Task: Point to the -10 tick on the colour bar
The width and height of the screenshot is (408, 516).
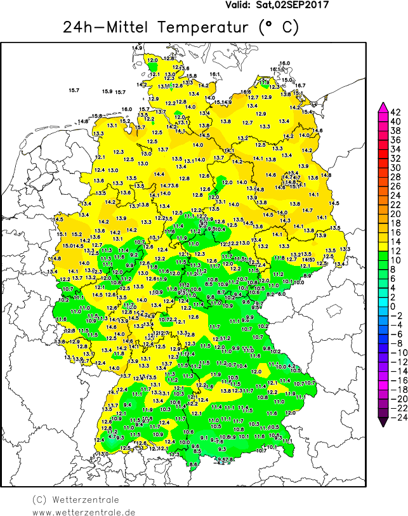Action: [x=395, y=353]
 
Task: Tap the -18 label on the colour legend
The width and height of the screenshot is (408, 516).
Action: [x=395, y=390]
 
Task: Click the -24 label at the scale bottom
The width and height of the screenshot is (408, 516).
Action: [x=395, y=418]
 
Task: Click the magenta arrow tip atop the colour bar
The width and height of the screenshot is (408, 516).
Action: [x=383, y=106]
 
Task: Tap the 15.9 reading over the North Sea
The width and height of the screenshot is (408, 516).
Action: [x=107, y=91]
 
